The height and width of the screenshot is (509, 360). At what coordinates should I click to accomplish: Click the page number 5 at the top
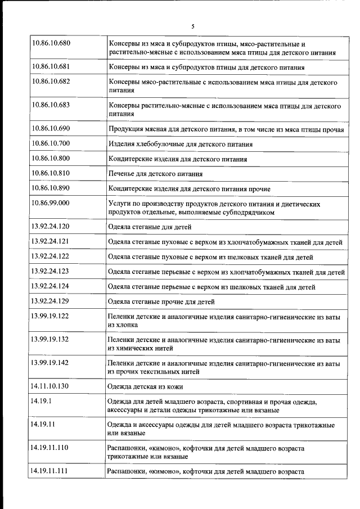point(192,26)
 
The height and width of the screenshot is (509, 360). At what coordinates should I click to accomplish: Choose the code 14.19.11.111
point(51,471)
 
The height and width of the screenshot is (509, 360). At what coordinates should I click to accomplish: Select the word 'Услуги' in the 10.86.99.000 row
point(119,203)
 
